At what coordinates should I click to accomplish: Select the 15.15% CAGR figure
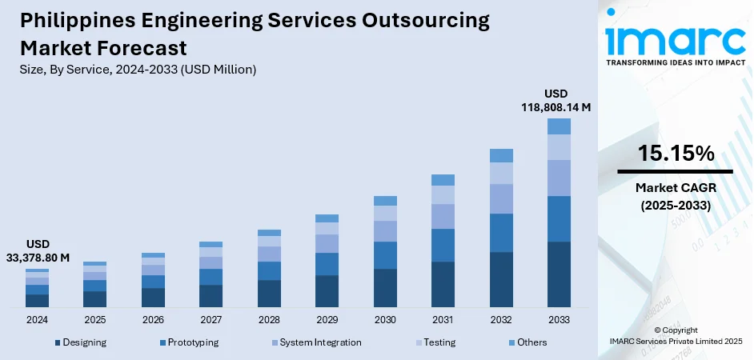click(675, 154)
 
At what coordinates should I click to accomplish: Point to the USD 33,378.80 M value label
click(37, 250)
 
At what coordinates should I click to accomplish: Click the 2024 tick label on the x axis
click(37, 320)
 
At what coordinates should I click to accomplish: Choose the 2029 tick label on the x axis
click(327, 320)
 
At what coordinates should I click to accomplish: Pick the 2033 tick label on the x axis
click(559, 320)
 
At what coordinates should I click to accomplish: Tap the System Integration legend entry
click(318, 342)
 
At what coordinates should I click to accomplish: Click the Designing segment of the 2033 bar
click(559, 274)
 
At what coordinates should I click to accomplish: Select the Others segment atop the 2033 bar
click(559, 126)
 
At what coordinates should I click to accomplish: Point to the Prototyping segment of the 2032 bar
click(501, 233)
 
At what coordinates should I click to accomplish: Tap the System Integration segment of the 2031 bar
click(443, 216)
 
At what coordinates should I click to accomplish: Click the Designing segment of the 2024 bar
click(37, 301)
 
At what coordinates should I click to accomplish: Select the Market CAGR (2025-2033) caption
click(675, 196)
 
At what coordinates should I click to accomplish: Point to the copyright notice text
click(675, 335)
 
